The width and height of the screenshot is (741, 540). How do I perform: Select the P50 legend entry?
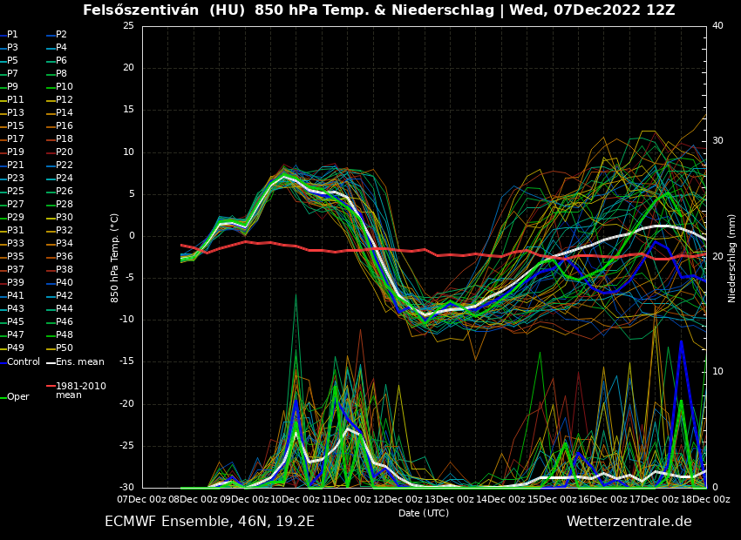[x=65, y=348]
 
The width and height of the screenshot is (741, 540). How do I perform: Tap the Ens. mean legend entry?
[x=80, y=361]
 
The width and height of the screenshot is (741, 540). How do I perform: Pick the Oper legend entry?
[x=18, y=397]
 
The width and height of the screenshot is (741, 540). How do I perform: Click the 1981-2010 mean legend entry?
[x=80, y=390]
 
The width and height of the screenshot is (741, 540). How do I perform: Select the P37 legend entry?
[x=16, y=270]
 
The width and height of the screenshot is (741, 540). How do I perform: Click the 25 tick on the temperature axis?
[x=128, y=26]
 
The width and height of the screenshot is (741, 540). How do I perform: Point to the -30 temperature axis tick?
[x=126, y=488]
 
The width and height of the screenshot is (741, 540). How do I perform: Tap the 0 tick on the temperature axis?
[x=131, y=236]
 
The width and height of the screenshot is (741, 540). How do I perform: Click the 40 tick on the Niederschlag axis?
[x=717, y=26]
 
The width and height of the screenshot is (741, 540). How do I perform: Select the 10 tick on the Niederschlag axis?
[x=717, y=372]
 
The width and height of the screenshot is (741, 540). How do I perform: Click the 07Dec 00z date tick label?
[x=142, y=499]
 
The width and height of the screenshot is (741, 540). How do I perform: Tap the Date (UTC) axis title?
[x=424, y=514]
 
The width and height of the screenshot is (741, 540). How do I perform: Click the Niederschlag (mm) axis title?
[x=732, y=258]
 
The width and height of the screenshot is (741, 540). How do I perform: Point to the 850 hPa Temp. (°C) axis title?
[x=114, y=258]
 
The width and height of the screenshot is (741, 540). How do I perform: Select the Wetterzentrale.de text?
[x=629, y=522]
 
